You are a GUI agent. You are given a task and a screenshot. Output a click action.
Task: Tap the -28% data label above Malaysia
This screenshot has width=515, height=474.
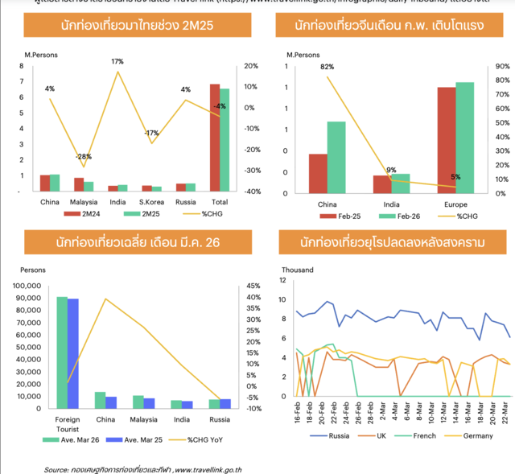[83, 156]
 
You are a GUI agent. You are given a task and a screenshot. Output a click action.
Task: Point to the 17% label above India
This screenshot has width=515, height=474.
[117, 62]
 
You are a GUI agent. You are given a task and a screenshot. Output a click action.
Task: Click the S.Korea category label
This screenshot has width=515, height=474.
[152, 201]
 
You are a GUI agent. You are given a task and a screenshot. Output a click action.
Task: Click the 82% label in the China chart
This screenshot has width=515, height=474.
[327, 67]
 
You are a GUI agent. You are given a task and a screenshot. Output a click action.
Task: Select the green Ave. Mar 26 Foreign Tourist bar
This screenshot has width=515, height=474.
[62, 352]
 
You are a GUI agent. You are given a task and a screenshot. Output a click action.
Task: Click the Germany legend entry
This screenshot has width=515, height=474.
[474, 435]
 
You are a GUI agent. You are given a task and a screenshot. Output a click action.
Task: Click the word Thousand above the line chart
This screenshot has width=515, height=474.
[297, 270]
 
